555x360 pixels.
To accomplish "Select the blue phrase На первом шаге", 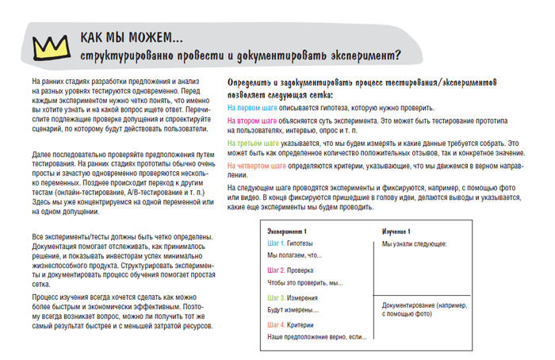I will pos(252,107).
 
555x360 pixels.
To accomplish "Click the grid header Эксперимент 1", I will pos(287,230).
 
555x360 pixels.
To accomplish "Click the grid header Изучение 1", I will pos(397,230).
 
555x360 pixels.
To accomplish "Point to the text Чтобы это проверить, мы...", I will pos(304,283).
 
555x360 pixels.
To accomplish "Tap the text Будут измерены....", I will pos(293,310).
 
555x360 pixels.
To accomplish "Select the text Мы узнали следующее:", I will pos(414,243).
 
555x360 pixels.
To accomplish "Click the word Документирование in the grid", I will pos(411,305).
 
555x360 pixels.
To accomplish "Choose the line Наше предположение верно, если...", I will pos(316,337).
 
